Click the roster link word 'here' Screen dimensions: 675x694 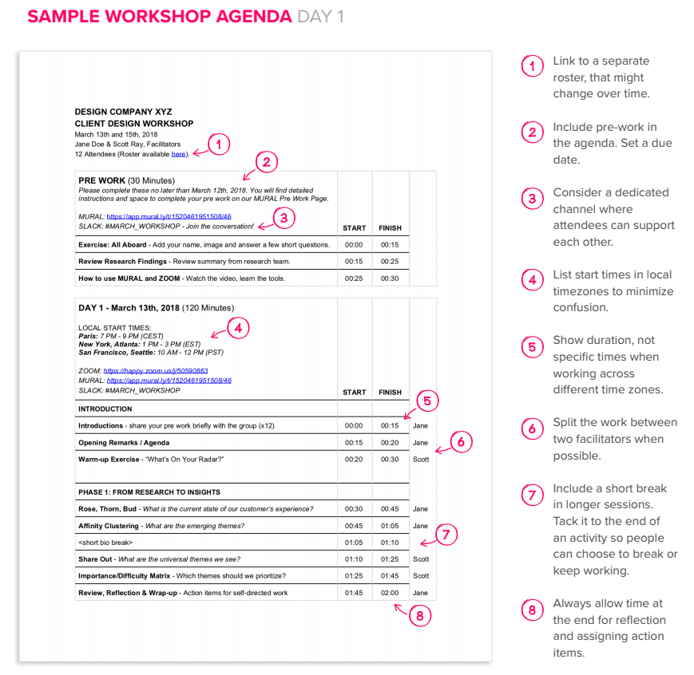(x=178, y=154)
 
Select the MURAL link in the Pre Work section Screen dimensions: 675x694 (x=169, y=216)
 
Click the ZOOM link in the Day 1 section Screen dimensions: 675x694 (x=155, y=371)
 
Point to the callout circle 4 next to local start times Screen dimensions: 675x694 (x=238, y=327)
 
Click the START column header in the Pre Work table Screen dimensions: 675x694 (x=354, y=228)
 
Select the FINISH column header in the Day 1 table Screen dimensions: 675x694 (x=390, y=393)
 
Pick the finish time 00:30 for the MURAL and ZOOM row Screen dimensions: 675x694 (x=390, y=278)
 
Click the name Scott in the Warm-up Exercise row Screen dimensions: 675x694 (x=421, y=460)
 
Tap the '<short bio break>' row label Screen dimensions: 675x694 (x=106, y=543)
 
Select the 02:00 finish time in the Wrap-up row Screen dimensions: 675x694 (x=390, y=593)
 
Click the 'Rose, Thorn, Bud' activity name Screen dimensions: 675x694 (x=107, y=509)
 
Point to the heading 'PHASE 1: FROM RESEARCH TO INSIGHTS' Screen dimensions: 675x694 (x=149, y=492)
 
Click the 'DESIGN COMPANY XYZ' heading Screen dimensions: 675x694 (x=123, y=112)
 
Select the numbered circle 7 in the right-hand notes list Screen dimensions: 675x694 (x=532, y=495)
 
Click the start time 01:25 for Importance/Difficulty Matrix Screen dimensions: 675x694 (x=354, y=576)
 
